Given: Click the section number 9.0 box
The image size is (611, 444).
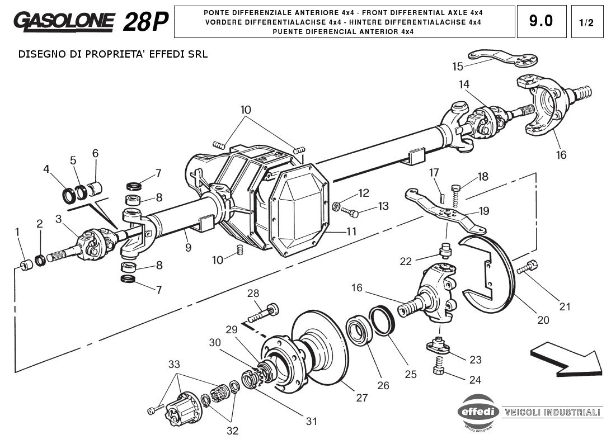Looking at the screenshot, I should tap(541, 21).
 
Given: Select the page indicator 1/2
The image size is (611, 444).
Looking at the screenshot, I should tap(587, 22).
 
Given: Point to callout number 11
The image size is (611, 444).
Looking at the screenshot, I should tap(351, 230).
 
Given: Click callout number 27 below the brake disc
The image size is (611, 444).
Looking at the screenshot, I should tap(362, 398).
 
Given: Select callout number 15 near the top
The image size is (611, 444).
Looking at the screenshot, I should tap(458, 67).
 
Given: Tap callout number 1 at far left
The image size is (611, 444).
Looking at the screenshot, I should tap(17, 232).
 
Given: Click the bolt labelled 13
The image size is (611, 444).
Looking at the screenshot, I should tap(353, 212).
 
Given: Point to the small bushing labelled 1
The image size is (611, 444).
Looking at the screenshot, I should tap(25, 264).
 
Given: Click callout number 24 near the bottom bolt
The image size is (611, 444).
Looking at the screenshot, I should tap(475, 380).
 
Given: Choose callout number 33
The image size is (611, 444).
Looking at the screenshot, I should tap(175, 365).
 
